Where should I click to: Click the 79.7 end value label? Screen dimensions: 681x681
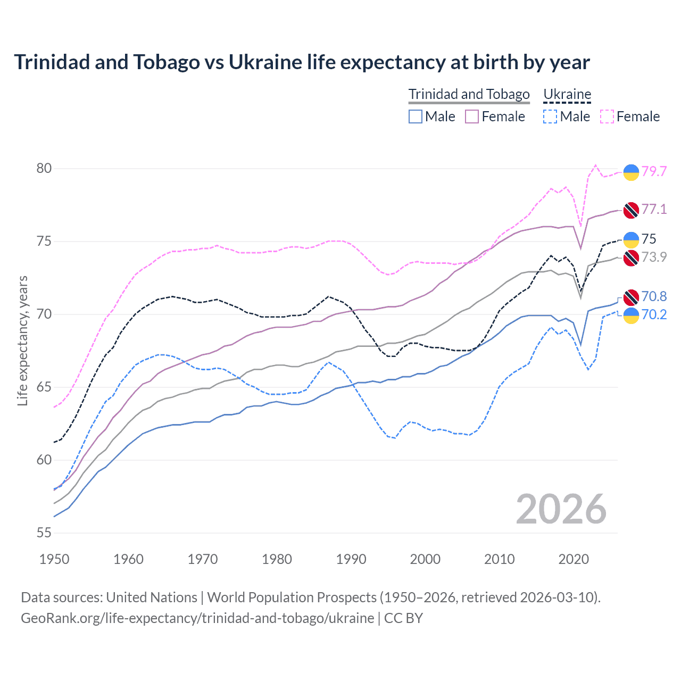(654, 171)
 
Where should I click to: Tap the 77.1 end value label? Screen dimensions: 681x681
(654, 209)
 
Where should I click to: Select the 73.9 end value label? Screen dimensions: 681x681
(654, 257)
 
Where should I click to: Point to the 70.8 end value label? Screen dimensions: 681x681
(654, 296)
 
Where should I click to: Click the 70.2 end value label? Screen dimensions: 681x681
(654, 314)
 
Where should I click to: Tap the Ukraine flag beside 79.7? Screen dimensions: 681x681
(631, 172)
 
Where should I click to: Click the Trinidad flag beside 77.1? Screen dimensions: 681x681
(631, 210)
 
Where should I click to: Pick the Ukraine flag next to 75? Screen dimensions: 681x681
(631, 240)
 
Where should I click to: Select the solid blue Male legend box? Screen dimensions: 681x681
(416, 117)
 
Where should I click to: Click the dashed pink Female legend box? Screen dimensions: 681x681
(607, 117)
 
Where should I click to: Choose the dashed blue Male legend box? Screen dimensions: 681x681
(551, 117)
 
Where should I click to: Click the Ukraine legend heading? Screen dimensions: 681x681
(567, 94)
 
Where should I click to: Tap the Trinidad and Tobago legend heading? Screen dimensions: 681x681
(469, 94)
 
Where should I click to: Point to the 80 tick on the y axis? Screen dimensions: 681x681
(44, 169)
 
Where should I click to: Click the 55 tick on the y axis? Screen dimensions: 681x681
(44, 533)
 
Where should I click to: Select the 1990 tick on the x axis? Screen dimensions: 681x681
(351, 559)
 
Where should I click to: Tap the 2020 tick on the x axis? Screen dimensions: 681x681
(574, 559)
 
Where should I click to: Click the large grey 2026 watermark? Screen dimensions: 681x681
(561, 509)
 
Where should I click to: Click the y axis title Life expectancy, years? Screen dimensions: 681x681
(23, 340)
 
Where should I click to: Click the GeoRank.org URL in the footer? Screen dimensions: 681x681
(197, 618)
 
